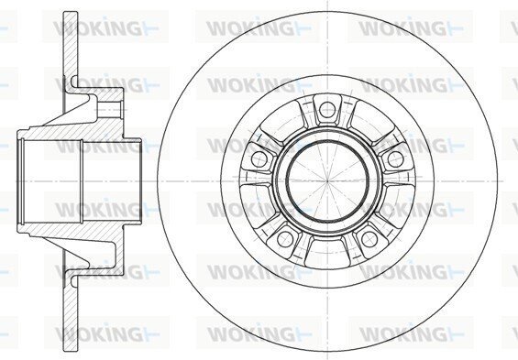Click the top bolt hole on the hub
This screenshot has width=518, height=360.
[327, 109]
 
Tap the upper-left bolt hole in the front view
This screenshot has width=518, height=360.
[259, 159]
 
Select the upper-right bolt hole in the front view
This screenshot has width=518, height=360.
[395, 159]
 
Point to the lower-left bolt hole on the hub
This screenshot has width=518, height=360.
[285, 239]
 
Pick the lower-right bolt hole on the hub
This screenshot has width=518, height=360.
[369, 239]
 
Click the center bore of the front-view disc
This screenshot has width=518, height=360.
[327, 180]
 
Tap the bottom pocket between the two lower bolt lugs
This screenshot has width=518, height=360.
[327, 253]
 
